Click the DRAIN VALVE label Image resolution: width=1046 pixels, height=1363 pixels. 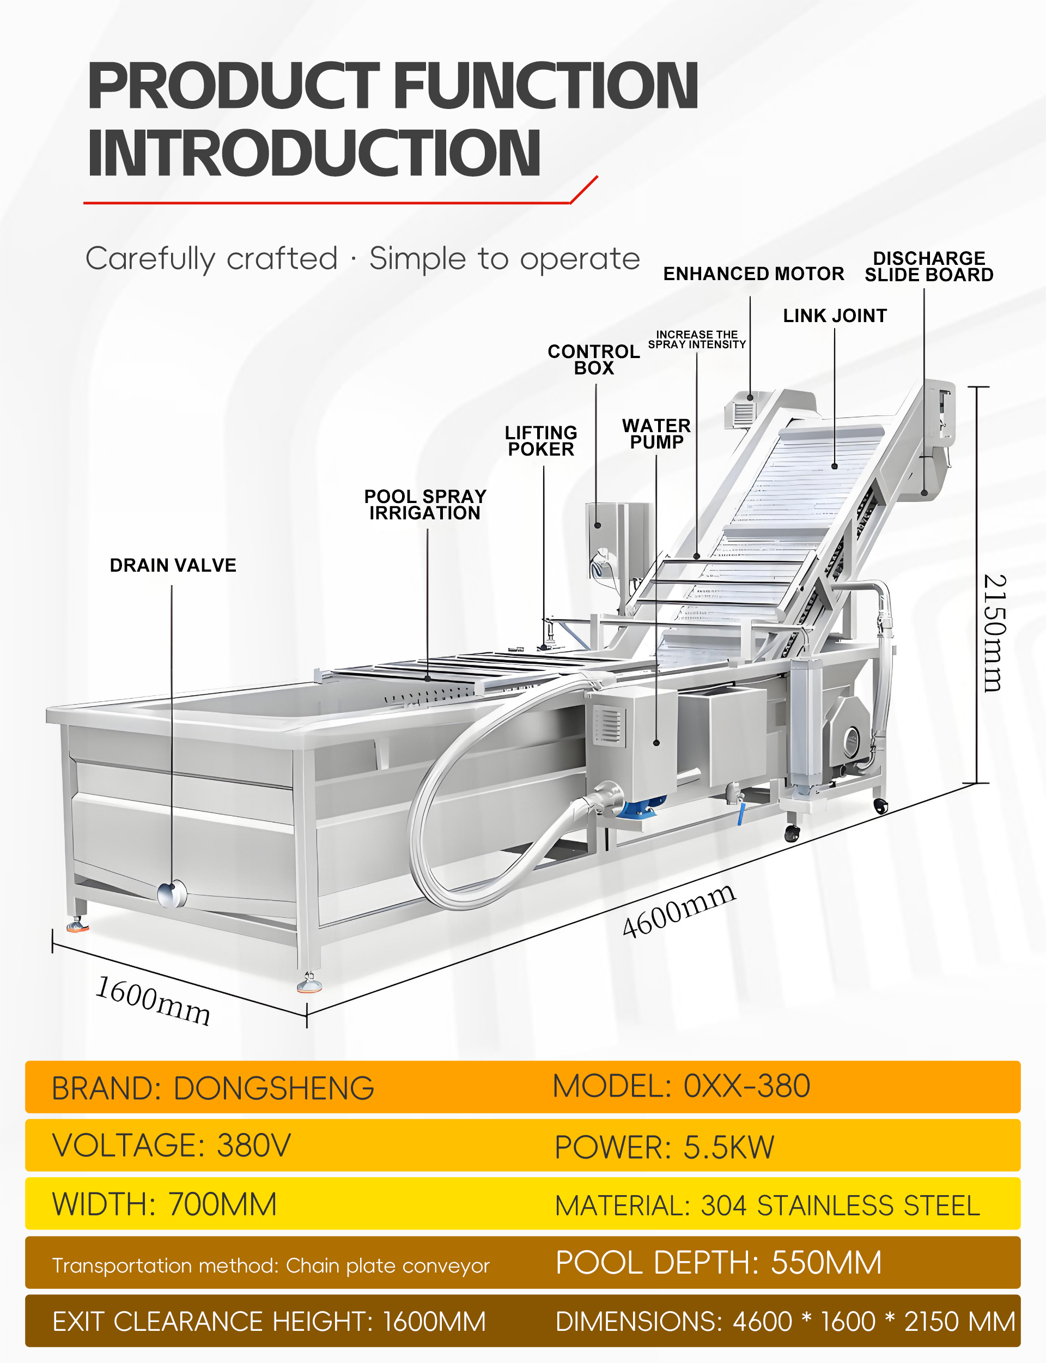pos(173,565)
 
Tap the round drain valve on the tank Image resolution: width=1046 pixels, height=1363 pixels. pos(171,894)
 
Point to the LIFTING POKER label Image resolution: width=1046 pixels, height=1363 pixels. pos(540,441)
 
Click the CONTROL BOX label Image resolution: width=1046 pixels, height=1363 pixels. pos(593,359)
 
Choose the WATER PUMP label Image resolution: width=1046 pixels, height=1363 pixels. pos(656,433)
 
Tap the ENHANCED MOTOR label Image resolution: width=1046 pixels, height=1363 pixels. pos(753,274)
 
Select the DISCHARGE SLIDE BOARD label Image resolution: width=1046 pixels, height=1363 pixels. pos(928,266)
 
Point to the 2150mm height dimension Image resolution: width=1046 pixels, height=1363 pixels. pos(994,633)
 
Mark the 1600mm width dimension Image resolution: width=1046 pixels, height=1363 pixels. pos(153,1001)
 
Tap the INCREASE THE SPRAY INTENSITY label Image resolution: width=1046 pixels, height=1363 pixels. pos(697,340)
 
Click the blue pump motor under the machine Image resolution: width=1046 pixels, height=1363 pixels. pos(643,809)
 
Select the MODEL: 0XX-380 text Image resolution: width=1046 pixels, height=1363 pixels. pos(681,1086)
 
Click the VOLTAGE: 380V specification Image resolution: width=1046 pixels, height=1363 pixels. pos(171,1145)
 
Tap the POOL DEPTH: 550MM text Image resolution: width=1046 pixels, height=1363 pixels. pos(719,1263)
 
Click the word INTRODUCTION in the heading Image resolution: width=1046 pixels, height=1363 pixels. pos(314,153)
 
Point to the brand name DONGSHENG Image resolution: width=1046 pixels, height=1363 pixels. pos(274,1088)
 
